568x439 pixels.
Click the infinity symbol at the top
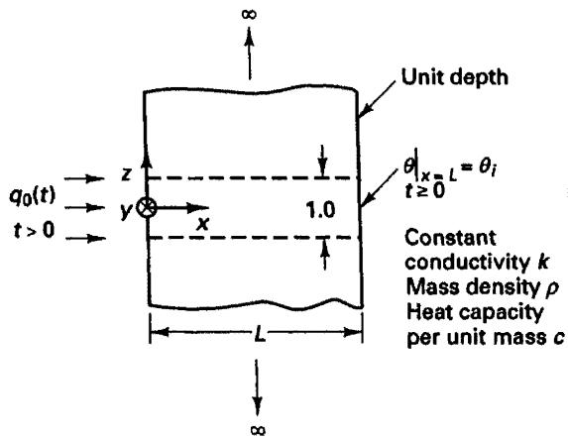tap(249, 14)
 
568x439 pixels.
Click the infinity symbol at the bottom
tap(258, 430)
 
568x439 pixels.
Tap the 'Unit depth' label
tap(455, 77)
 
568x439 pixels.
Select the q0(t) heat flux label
tap(33, 197)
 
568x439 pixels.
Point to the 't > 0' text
tap(34, 230)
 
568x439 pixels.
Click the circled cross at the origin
tap(147, 208)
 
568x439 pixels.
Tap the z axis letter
tap(126, 174)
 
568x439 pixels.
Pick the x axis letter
tap(203, 224)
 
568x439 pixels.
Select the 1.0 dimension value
tap(320, 210)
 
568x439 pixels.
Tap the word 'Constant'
tap(450, 238)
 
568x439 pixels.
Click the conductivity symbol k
tap(542, 262)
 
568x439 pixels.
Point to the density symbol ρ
tap(552, 288)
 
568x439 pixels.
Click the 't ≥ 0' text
tap(424, 190)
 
